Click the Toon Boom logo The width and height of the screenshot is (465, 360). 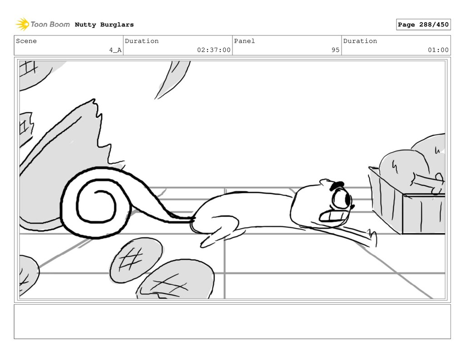click(x=42, y=25)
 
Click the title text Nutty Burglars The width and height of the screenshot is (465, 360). click(x=104, y=25)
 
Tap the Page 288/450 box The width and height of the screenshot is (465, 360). click(x=423, y=25)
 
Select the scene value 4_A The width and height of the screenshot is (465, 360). click(x=115, y=50)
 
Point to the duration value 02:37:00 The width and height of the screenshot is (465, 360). click(x=213, y=50)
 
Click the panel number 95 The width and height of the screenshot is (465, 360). click(x=335, y=50)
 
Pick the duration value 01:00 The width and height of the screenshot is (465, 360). click(x=438, y=50)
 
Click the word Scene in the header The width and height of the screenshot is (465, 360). click(x=26, y=41)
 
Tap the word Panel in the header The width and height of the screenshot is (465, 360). click(x=244, y=41)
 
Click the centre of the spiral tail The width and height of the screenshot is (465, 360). click(x=96, y=203)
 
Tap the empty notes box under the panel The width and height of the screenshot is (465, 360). click(x=232, y=321)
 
